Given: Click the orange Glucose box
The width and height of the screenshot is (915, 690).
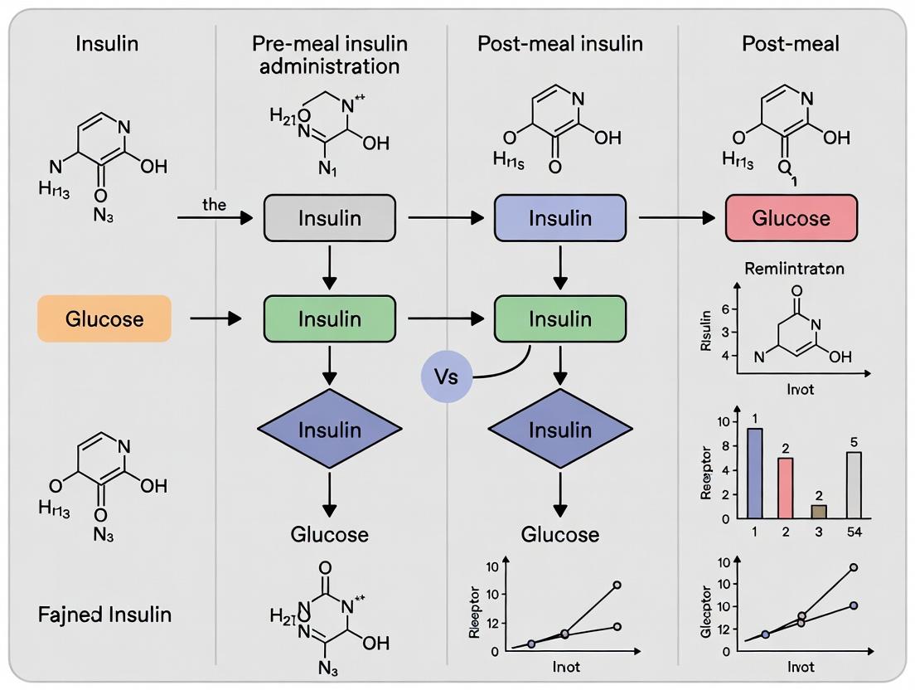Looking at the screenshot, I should (104, 318).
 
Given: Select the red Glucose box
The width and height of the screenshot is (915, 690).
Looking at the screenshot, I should (791, 218).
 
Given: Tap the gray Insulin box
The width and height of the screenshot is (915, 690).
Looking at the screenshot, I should (330, 218).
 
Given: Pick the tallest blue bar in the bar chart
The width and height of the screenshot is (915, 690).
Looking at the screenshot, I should (754, 473).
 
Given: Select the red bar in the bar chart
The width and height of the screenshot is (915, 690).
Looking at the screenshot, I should (786, 488).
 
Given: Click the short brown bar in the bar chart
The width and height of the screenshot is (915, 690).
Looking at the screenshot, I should (818, 512).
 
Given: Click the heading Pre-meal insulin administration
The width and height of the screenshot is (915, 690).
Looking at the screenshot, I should (330, 55).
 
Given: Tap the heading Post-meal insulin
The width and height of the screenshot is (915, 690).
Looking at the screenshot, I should (560, 44).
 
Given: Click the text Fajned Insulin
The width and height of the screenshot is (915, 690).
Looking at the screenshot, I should (105, 615).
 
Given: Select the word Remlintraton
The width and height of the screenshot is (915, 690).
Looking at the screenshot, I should (795, 270).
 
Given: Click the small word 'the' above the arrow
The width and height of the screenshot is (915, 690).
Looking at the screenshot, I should (213, 205).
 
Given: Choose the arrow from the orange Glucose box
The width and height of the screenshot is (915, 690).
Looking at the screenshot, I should (215, 318).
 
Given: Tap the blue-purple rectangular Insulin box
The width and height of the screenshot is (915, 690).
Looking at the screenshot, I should (560, 218).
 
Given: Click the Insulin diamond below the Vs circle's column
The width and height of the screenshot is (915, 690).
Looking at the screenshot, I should (560, 429).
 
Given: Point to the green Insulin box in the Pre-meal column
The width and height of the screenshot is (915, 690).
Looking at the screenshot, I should (330, 318).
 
